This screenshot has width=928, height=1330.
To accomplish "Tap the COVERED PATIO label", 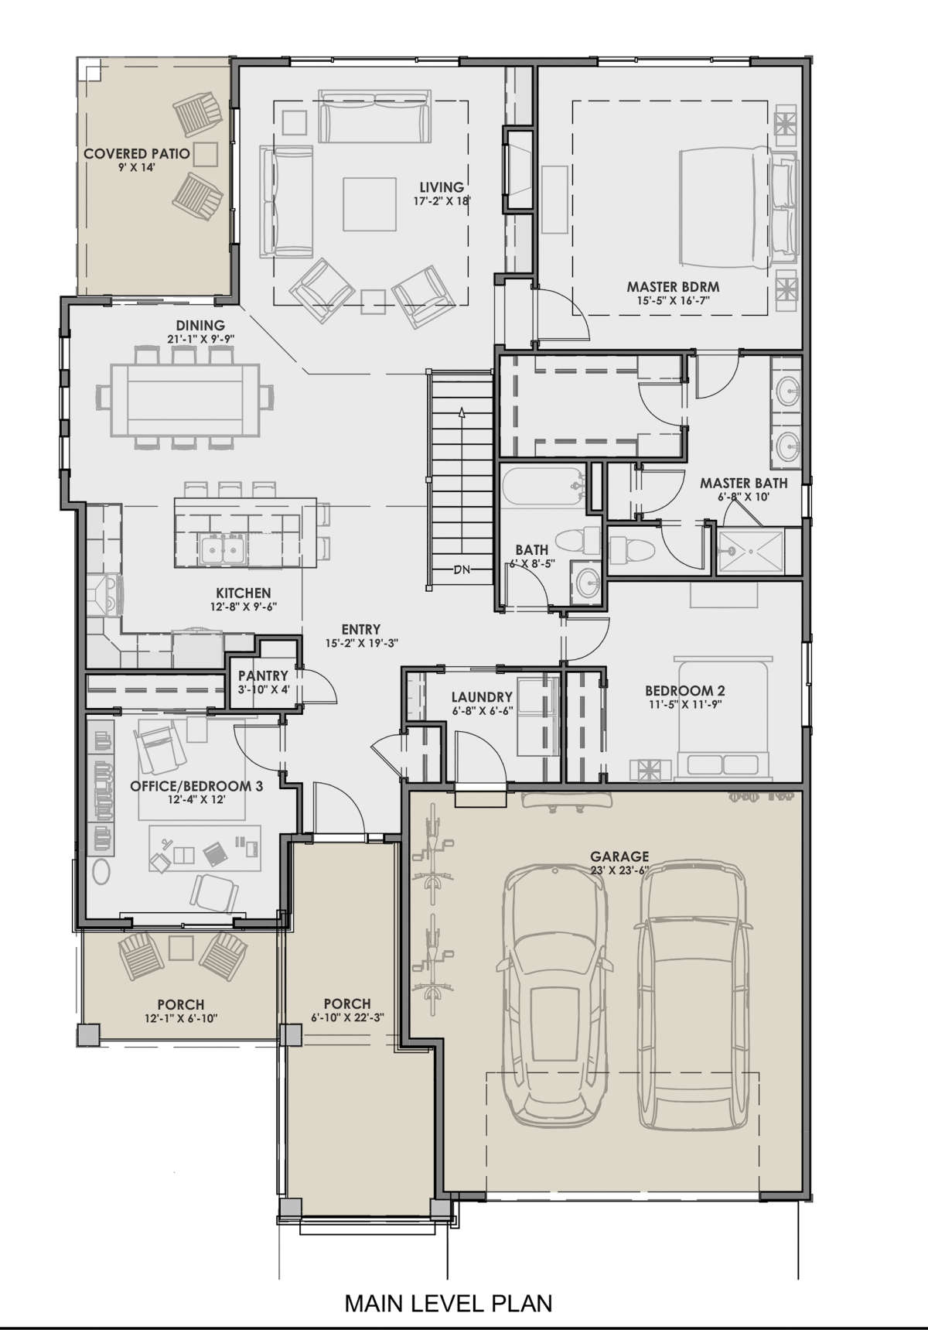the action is point(137,154).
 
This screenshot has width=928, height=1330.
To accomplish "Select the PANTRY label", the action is point(263,675).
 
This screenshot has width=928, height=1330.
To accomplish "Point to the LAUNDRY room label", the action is point(482,696).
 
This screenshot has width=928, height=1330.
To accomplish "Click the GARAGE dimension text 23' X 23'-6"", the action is point(619,869).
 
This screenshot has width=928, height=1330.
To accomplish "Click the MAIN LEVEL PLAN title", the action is point(449,1303).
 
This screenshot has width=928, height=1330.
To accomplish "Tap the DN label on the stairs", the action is point(462,570).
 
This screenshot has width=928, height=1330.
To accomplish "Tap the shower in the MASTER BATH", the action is point(750,552).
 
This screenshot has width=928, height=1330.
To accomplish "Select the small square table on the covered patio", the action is point(205,154).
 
